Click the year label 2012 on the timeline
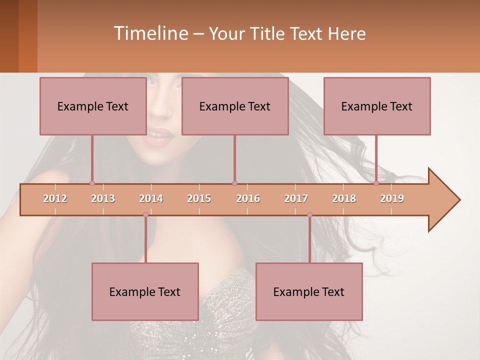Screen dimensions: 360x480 click(55, 198)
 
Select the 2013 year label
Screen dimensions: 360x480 click(103, 198)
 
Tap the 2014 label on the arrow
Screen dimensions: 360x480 click(151, 198)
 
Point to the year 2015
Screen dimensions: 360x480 click(199, 198)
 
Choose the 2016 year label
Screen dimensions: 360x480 click(248, 198)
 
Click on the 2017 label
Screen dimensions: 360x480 click(296, 198)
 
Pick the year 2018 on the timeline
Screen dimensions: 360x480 click(344, 198)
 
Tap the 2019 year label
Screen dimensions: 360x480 click(392, 198)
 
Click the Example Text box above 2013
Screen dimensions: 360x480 click(93, 106)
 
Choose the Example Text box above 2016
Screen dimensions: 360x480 click(235, 106)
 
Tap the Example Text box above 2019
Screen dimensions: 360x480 click(377, 106)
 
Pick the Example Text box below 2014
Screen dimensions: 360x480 click(145, 292)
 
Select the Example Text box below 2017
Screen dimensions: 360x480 click(309, 292)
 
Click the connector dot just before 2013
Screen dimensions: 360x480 click(92, 183)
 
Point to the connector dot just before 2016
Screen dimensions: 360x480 click(234, 183)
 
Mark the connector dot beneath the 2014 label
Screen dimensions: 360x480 click(145, 215)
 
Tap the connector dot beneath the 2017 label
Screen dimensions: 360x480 click(309, 215)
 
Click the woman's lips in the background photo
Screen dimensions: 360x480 click(160, 136)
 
